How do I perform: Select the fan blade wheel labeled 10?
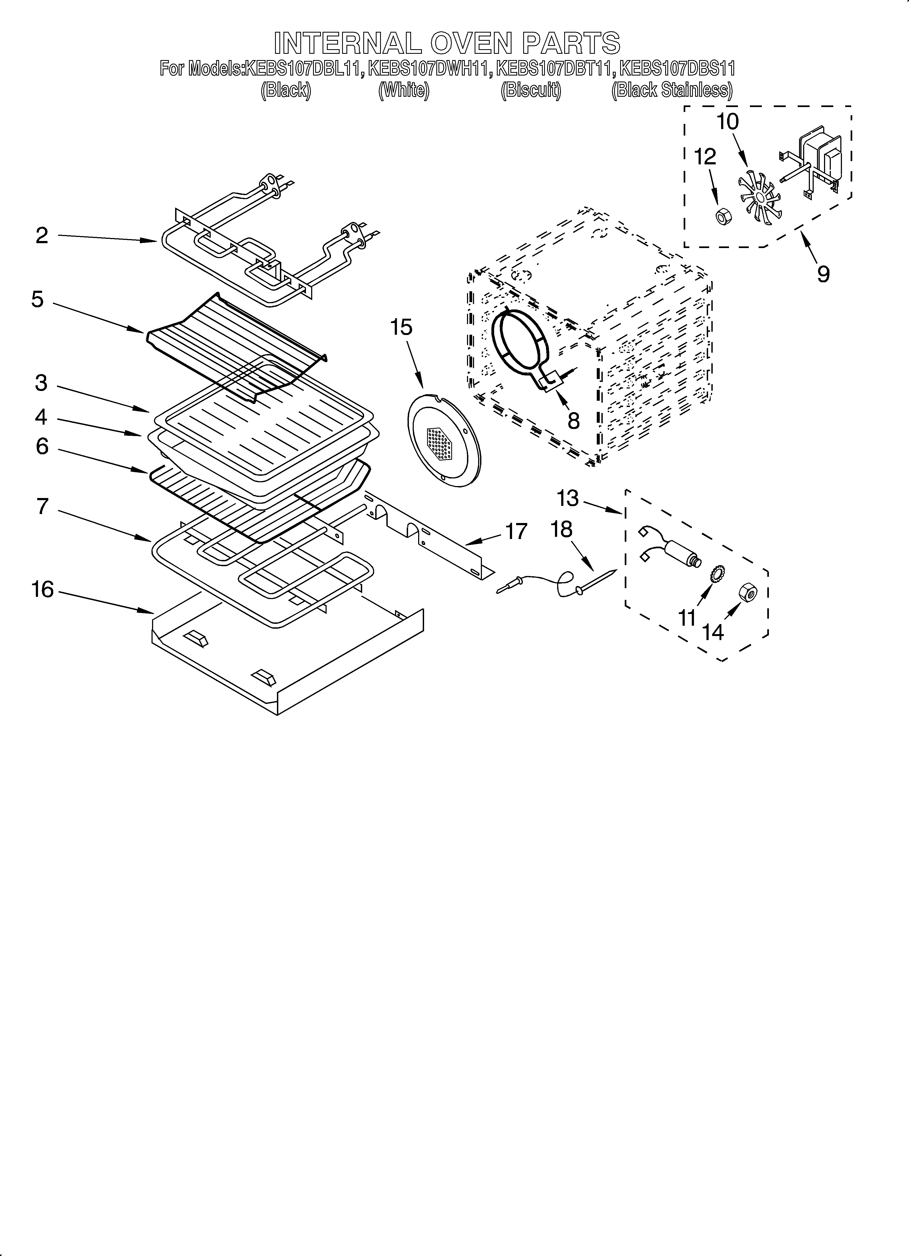759,199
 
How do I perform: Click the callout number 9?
823,274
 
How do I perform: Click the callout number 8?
573,421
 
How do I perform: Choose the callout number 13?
567,499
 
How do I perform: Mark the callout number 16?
43,590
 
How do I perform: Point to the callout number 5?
38,300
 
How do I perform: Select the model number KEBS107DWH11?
429,69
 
